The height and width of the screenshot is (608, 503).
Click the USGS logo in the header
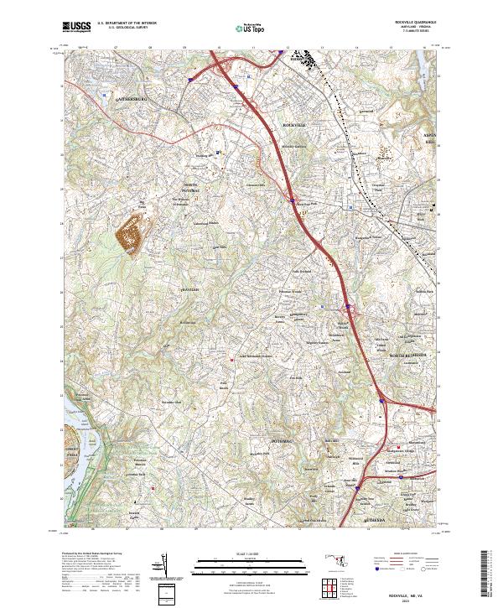(77, 28)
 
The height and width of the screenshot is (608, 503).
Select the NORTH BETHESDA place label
(409, 356)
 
